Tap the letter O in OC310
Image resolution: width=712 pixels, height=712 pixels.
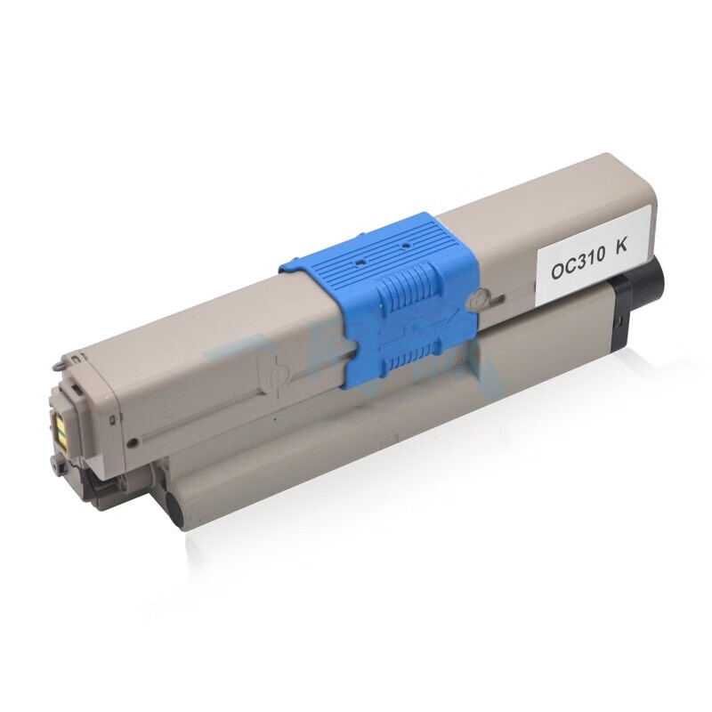pyautogui.click(x=557, y=271)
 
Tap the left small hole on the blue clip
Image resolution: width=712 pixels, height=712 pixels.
pyautogui.click(x=359, y=263)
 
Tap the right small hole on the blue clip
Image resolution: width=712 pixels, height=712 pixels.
pyautogui.click(x=404, y=246)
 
